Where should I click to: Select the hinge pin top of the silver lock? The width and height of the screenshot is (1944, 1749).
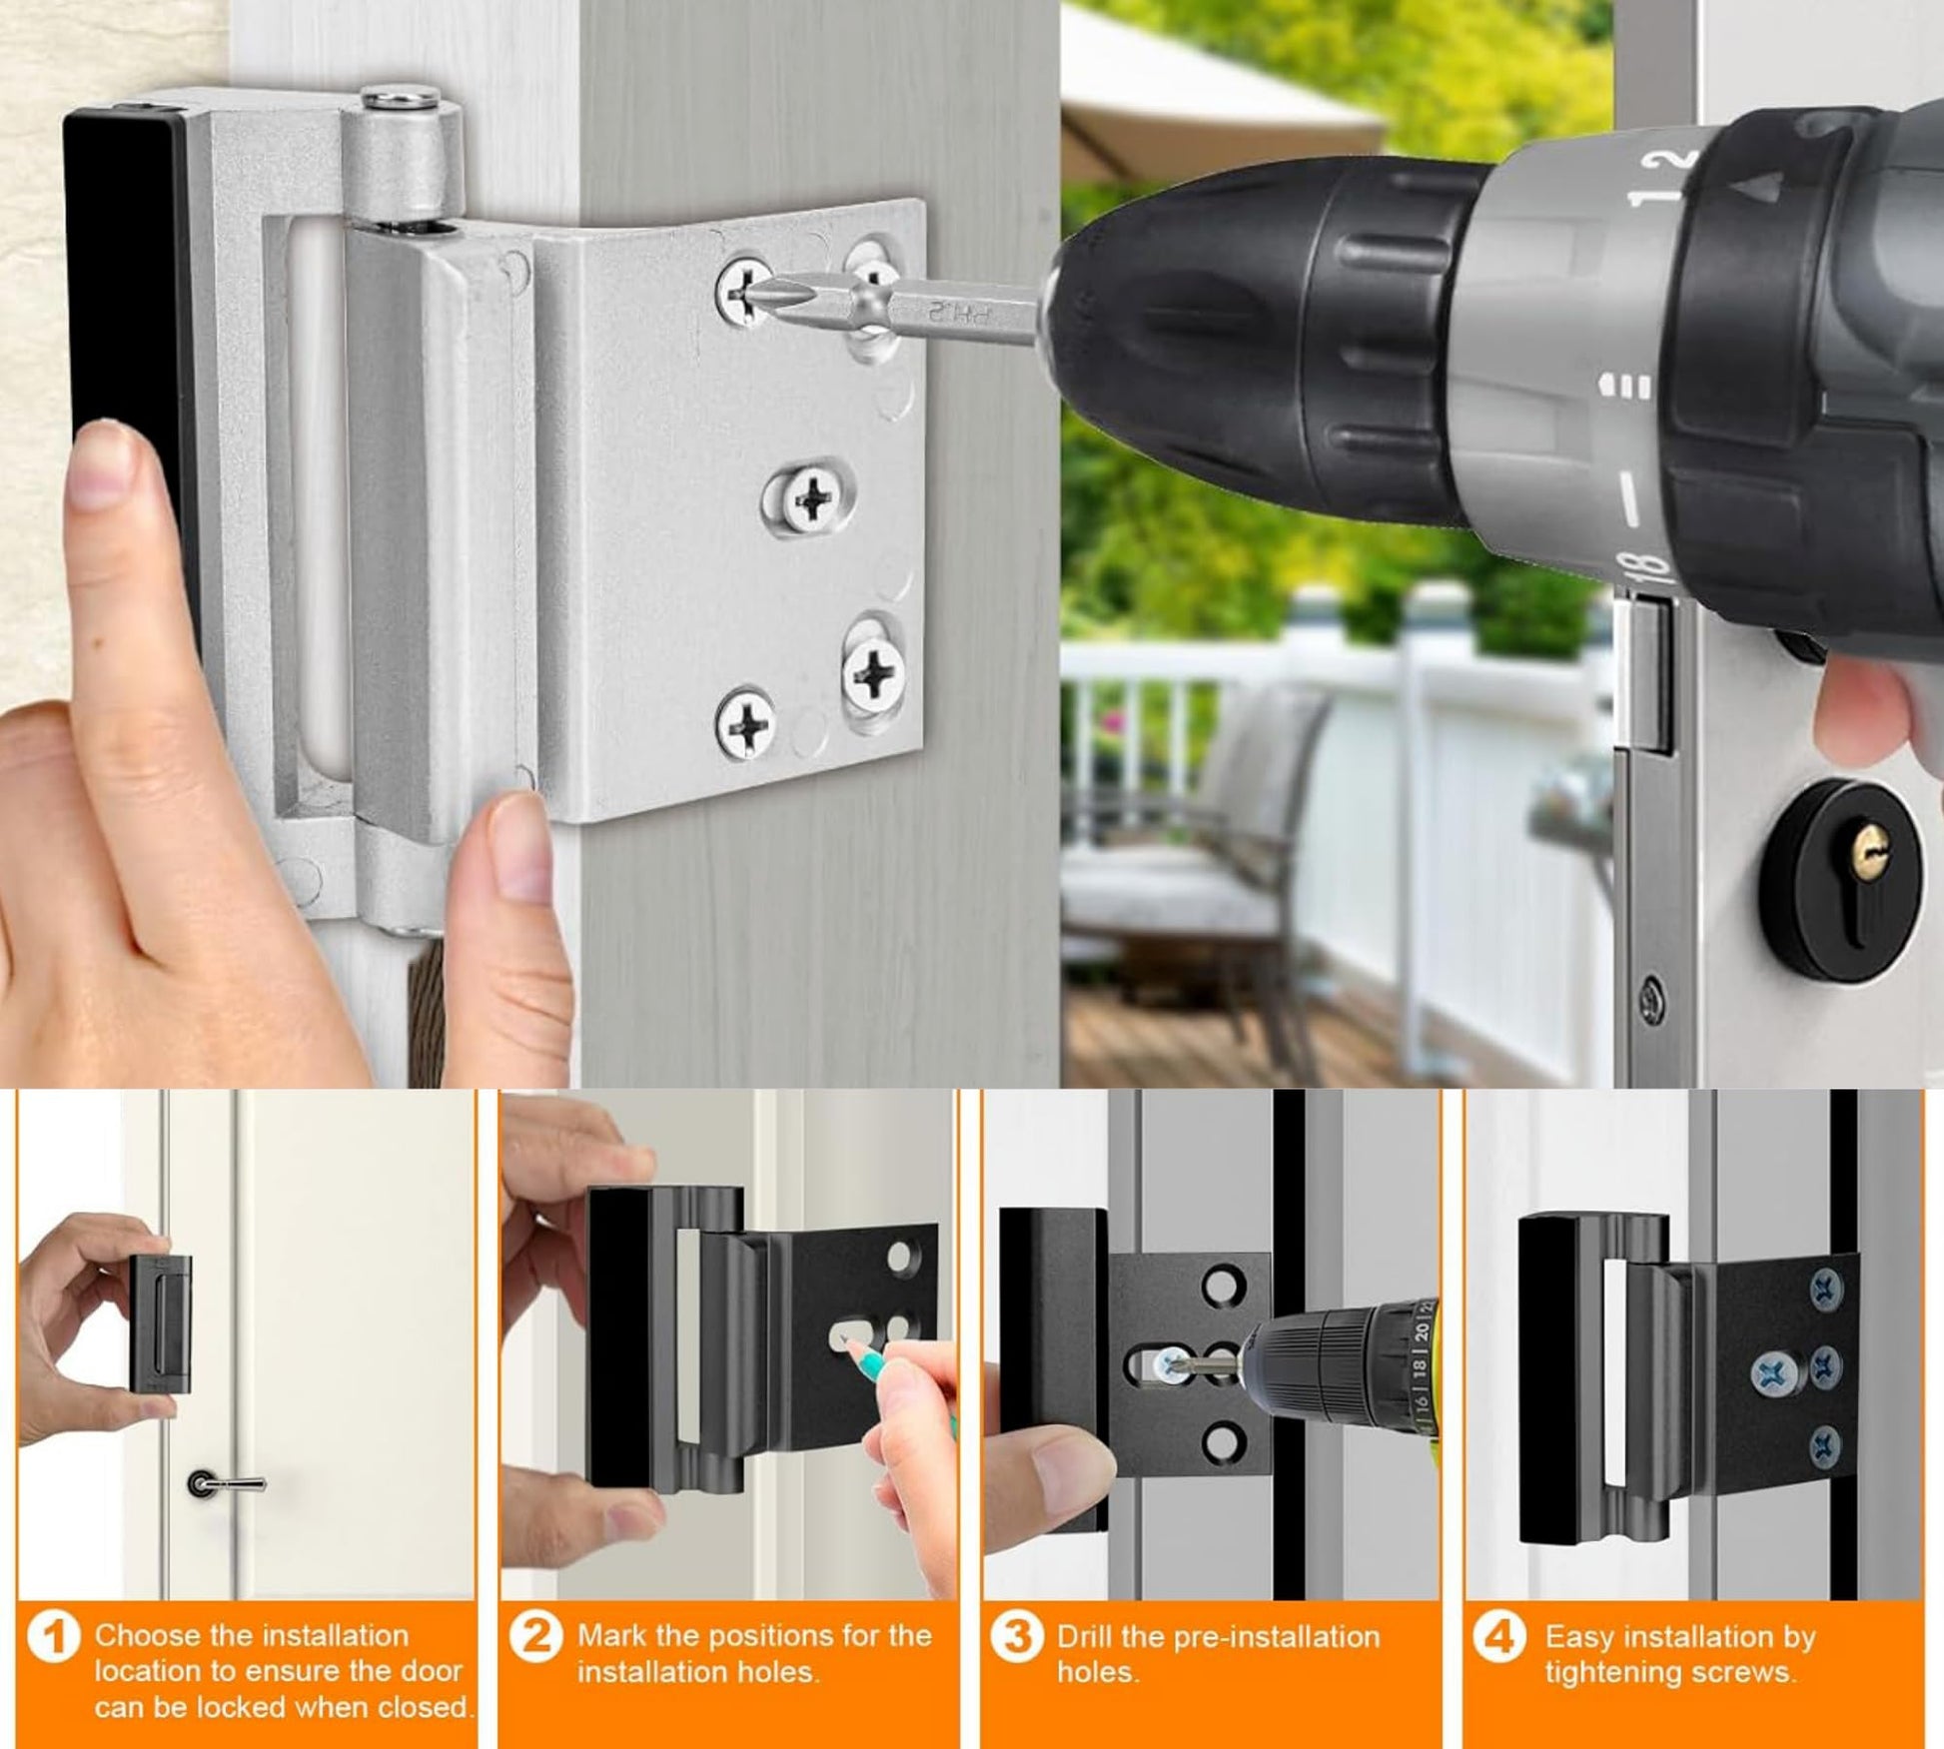coord(404,99)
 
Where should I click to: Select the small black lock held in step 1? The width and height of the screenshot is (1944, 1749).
coord(160,1322)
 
